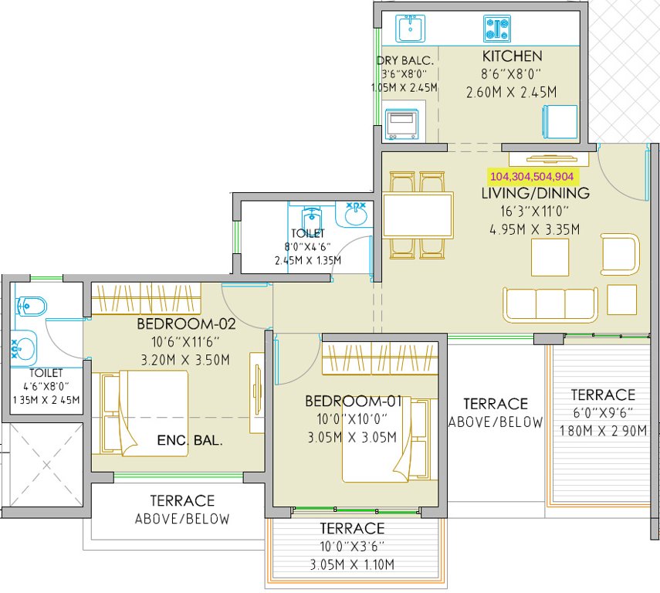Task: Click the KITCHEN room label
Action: click(512, 56)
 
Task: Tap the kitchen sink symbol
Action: click(411, 29)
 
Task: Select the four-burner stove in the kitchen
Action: click(498, 29)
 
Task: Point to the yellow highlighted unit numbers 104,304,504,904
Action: click(531, 176)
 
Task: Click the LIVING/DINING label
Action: click(536, 194)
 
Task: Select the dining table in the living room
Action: click(418, 215)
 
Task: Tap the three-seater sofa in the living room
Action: click(550, 304)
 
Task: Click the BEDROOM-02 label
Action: click(186, 324)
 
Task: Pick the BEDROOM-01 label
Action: click(354, 402)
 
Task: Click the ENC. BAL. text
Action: click(190, 442)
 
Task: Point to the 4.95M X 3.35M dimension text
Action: click(535, 229)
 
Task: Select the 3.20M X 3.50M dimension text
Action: click(186, 359)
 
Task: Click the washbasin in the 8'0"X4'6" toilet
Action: click(355, 215)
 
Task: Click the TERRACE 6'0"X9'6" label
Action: click(603, 395)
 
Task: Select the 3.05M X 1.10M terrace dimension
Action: click(353, 565)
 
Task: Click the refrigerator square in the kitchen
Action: click(559, 121)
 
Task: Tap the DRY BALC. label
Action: click(405, 61)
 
